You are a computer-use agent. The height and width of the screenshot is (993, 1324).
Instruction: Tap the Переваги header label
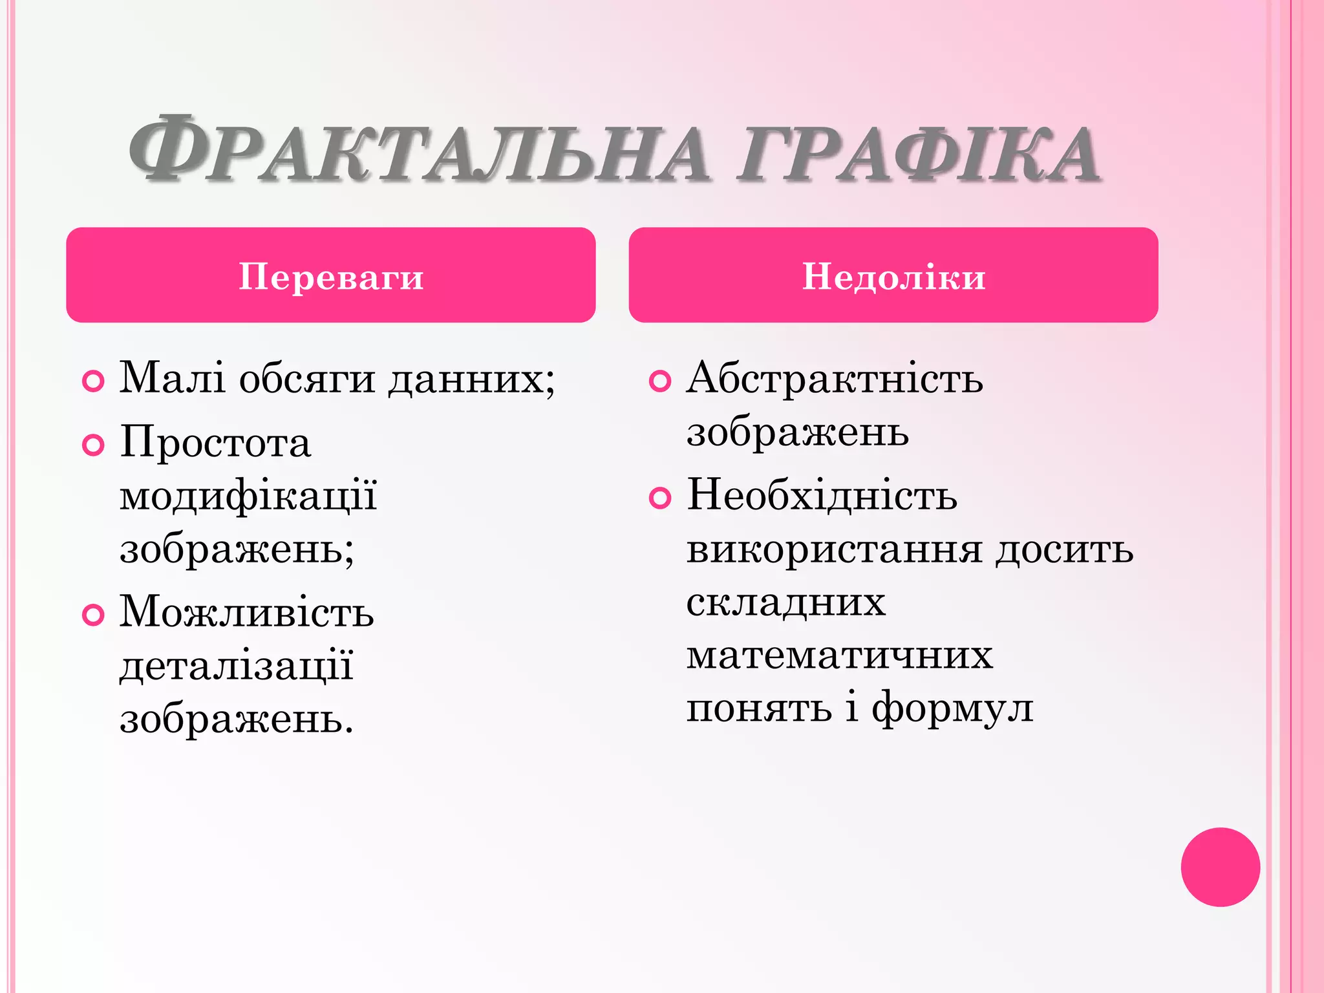(331, 277)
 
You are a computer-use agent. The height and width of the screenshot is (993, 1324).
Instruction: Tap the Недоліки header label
(893, 277)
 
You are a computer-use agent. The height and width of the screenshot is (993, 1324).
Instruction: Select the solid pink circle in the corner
(1220, 867)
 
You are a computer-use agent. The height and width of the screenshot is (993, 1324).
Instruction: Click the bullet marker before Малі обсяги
(94, 381)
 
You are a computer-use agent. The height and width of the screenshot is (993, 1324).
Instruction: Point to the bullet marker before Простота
(94, 445)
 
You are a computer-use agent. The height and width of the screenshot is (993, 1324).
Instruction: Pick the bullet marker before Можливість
(94, 614)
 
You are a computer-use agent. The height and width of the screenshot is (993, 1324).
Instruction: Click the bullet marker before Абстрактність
(659, 381)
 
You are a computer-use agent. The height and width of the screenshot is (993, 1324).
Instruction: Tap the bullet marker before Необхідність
(659, 498)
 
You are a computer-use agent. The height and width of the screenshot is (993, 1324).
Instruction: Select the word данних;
(471, 378)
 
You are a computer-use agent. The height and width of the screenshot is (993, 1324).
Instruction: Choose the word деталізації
(237, 667)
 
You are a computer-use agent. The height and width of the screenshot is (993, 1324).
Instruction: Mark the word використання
(835, 550)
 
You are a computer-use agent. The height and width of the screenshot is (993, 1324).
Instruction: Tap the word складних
(785, 603)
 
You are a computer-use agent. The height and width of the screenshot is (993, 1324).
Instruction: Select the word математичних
(839, 656)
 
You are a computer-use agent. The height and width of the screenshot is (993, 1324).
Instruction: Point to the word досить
(1064, 550)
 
